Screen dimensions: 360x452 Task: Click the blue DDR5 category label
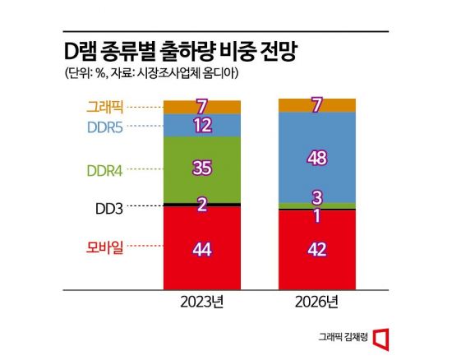click(105, 127)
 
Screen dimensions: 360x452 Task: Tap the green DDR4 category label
click(105, 170)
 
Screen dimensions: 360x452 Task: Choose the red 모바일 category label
click(105, 246)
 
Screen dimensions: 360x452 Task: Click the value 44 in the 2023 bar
click(202, 249)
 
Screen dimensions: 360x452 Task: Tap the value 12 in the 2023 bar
click(202, 126)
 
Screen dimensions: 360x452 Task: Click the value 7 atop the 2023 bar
click(202, 107)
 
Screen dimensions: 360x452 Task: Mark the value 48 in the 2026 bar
click(317, 157)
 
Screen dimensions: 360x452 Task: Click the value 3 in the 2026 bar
click(317, 196)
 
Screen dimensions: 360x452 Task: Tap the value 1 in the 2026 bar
click(317, 215)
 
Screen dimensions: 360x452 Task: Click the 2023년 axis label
click(202, 305)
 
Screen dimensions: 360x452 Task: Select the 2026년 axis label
click(317, 305)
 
